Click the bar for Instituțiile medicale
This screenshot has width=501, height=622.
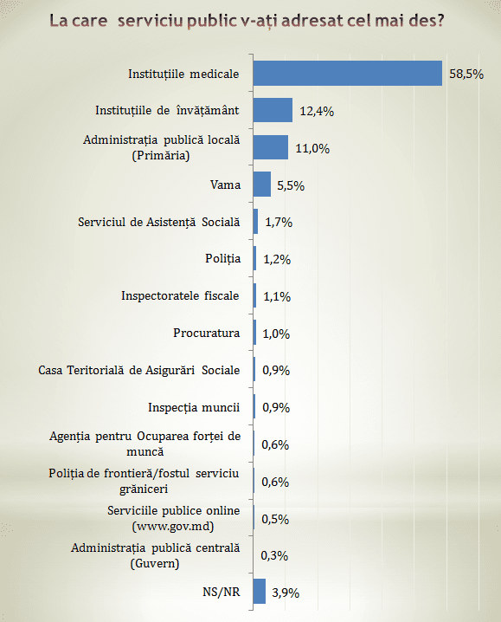[348, 74]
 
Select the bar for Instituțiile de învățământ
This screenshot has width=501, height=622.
[273, 110]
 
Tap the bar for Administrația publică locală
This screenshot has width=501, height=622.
[271, 147]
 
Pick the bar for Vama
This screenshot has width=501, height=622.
[262, 184]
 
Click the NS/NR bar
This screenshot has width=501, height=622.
[260, 591]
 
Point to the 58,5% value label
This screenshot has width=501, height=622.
[466, 75]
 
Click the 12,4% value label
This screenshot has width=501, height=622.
[317, 112]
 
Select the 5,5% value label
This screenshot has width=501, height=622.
[291, 185]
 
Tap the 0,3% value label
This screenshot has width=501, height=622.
[274, 556]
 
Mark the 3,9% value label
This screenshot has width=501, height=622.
[286, 593]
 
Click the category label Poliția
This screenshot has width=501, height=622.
[222, 259]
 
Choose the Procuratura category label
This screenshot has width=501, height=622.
[207, 333]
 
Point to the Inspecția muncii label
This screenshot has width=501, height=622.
[194, 407]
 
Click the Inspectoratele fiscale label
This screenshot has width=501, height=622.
[180, 296]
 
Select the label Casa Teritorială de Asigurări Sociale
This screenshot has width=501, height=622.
[139, 370]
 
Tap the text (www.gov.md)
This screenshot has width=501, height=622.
[173, 527]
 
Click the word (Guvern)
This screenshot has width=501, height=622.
[155, 563]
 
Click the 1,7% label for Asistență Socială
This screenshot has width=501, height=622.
[279, 222]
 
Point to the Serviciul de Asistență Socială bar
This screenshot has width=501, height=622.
[255, 222]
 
